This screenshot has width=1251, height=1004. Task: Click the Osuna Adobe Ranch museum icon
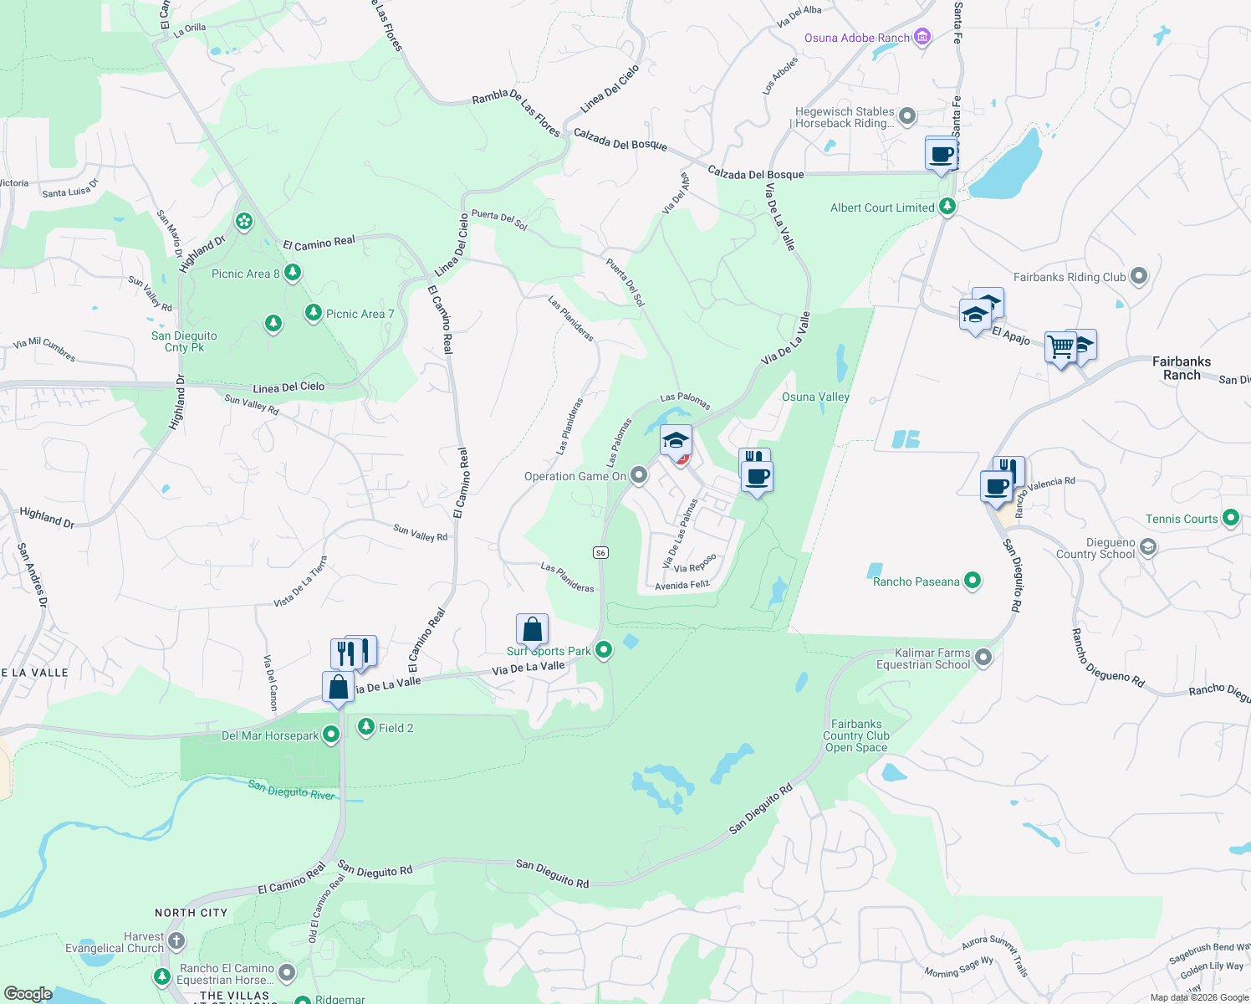coord(922,38)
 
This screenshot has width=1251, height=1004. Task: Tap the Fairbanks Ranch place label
coord(1181,368)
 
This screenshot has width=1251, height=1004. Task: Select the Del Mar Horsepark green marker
coord(331,735)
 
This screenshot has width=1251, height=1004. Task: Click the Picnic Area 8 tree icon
coord(292,273)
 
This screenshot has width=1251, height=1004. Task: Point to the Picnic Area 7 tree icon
coord(313,313)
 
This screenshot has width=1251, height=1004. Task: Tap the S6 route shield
coord(600,552)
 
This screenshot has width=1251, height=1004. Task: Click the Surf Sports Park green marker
coord(604,650)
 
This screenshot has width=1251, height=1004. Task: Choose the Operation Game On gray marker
coord(639,476)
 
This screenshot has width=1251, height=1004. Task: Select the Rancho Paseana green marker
coord(972,581)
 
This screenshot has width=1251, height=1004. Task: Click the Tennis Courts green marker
coord(1230,518)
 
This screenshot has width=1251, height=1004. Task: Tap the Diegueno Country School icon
coord(1148,548)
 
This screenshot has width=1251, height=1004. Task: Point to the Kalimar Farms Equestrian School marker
coord(983,658)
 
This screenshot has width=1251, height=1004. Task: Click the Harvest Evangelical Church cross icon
coord(176,941)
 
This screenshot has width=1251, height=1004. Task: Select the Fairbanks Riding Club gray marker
coord(1138,276)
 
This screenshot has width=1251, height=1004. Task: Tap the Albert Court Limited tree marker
coord(947,206)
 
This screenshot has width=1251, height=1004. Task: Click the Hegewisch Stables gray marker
coord(907,116)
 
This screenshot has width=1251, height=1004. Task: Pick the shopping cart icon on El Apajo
coord(1060,346)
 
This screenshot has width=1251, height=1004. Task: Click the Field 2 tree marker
coord(365,727)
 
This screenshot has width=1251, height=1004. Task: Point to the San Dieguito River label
coord(291,789)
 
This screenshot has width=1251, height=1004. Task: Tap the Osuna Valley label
coord(815,397)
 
